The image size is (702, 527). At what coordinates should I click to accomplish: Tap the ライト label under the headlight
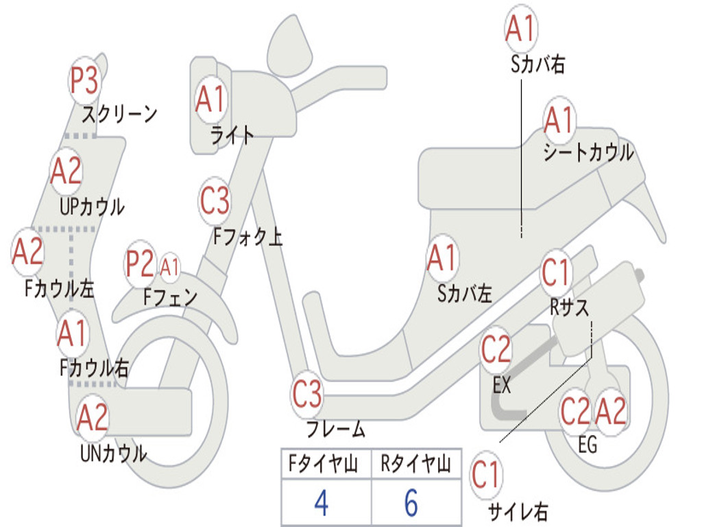click(232, 135)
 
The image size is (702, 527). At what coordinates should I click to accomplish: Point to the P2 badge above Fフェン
click(140, 264)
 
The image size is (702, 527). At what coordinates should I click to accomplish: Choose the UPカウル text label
click(92, 206)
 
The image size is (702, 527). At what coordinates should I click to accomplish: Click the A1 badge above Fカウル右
click(72, 334)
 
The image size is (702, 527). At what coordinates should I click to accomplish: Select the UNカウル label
click(113, 453)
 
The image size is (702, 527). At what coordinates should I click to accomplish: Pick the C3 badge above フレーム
click(307, 394)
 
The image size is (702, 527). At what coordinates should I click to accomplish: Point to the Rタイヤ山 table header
click(415, 465)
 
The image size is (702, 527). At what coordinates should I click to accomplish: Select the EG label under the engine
click(588, 445)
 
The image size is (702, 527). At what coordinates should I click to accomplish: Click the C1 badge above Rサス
click(557, 273)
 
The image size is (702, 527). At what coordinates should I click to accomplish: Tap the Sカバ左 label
click(465, 294)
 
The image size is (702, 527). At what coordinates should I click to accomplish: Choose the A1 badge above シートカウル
click(559, 121)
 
